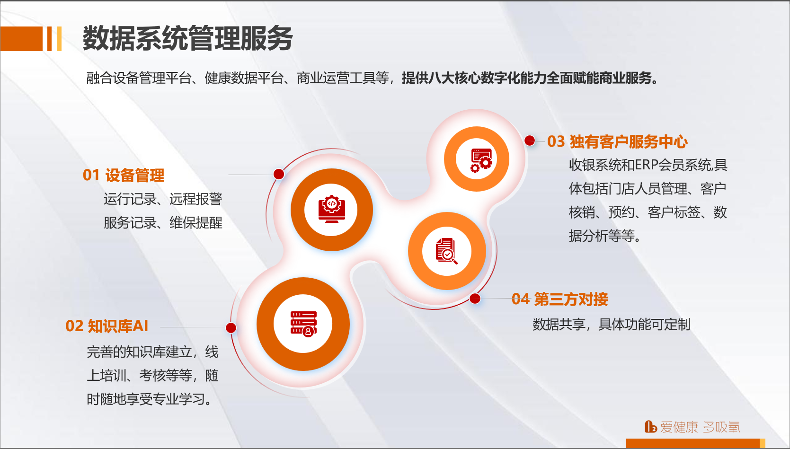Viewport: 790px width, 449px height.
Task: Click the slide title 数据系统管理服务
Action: click(x=187, y=38)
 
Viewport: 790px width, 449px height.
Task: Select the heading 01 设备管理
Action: click(x=124, y=175)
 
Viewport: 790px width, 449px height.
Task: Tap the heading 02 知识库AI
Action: click(x=107, y=326)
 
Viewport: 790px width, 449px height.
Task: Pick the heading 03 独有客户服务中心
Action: click(x=617, y=141)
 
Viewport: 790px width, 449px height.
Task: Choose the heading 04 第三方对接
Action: click(x=559, y=299)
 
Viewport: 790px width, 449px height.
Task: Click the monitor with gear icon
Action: click(x=331, y=209)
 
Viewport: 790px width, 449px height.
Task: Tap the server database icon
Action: click(x=303, y=324)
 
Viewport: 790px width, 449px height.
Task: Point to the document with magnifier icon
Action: click(x=446, y=251)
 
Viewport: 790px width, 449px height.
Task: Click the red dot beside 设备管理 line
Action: click(x=279, y=174)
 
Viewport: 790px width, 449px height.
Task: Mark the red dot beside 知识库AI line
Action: click(x=231, y=328)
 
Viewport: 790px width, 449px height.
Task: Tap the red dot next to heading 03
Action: click(x=530, y=141)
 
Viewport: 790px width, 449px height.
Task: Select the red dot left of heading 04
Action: click(x=475, y=299)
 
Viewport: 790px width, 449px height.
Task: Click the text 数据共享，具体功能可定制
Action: click(x=611, y=325)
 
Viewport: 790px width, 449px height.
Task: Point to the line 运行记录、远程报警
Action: click(x=163, y=199)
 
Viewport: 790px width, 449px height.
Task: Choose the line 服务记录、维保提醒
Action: click(x=163, y=223)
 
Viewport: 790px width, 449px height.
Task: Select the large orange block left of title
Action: click(x=21, y=39)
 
